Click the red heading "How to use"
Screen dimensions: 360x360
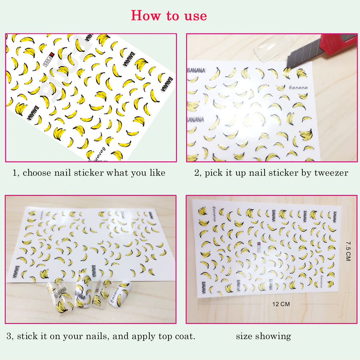tap(169, 16)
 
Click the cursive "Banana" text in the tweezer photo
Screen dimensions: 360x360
tap(298, 87)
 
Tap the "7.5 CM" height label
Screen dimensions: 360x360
tap(347, 251)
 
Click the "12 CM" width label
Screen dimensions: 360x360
tap(281, 304)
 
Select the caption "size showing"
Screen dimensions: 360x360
tap(263, 337)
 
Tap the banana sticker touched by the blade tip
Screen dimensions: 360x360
tap(287, 72)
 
